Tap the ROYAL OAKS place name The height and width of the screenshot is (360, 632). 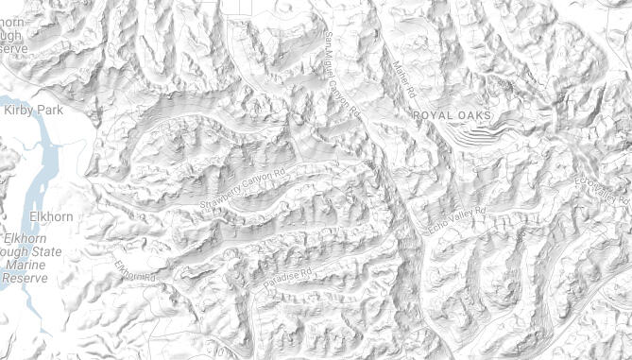click(x=453, y=115)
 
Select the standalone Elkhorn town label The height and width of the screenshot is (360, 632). click(x=52, y=216)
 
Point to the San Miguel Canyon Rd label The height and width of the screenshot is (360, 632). click(x=342, y=74)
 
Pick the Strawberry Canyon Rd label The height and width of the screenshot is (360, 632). click(x=243, y=188)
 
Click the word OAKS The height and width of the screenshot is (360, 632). click(x=477, y=115)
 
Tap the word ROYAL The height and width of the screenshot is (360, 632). click(x=436, y=115)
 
